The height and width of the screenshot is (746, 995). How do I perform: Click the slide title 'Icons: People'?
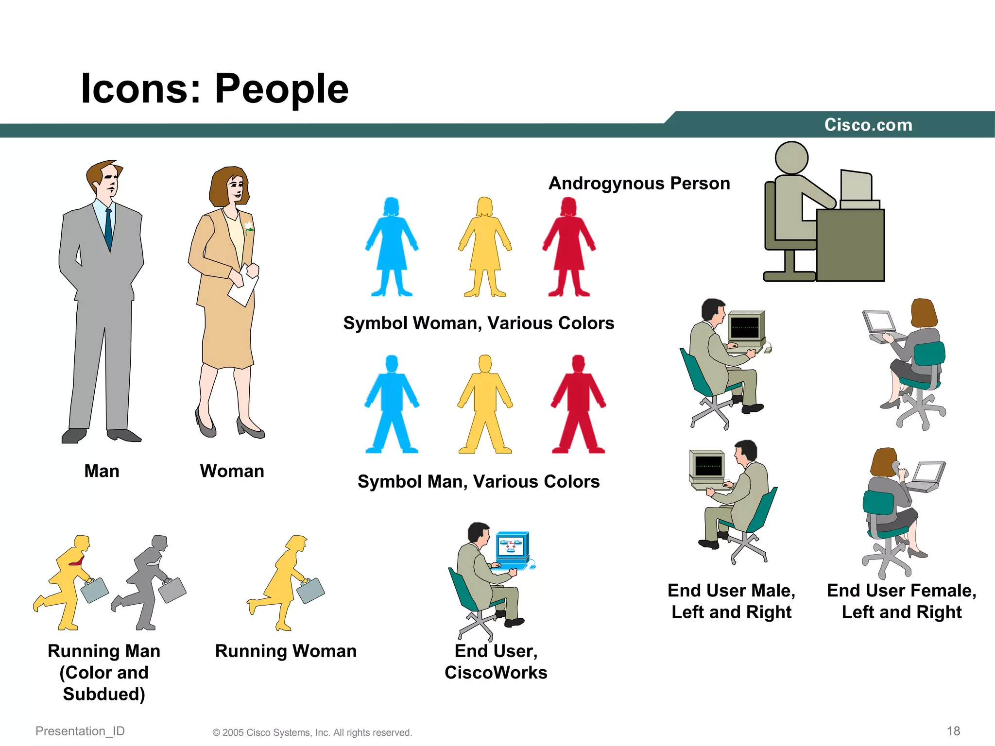click(214, 88)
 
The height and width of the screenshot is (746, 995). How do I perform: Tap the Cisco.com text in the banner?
click(868, 125)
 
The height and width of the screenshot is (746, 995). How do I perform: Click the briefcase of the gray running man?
click(172, 590)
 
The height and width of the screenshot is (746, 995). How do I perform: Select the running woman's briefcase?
click(310, 590)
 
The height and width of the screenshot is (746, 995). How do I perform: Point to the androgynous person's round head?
click(791, 158)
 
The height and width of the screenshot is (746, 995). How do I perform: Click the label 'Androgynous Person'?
click(639, 184)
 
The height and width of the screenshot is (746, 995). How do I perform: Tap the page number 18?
click(953, 731)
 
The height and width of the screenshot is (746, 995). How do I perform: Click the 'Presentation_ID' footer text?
click(80, 731)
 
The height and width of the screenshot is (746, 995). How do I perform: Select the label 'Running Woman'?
click(286, 651)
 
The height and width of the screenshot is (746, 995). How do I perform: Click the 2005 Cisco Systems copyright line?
click(312, 732)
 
